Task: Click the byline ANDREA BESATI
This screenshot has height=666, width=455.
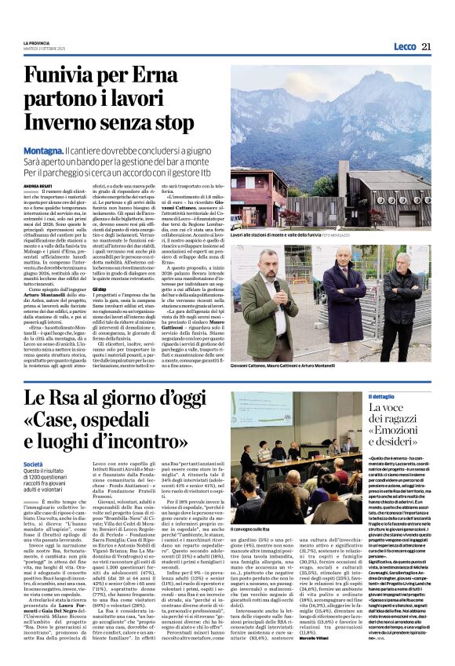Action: point(37,187)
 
